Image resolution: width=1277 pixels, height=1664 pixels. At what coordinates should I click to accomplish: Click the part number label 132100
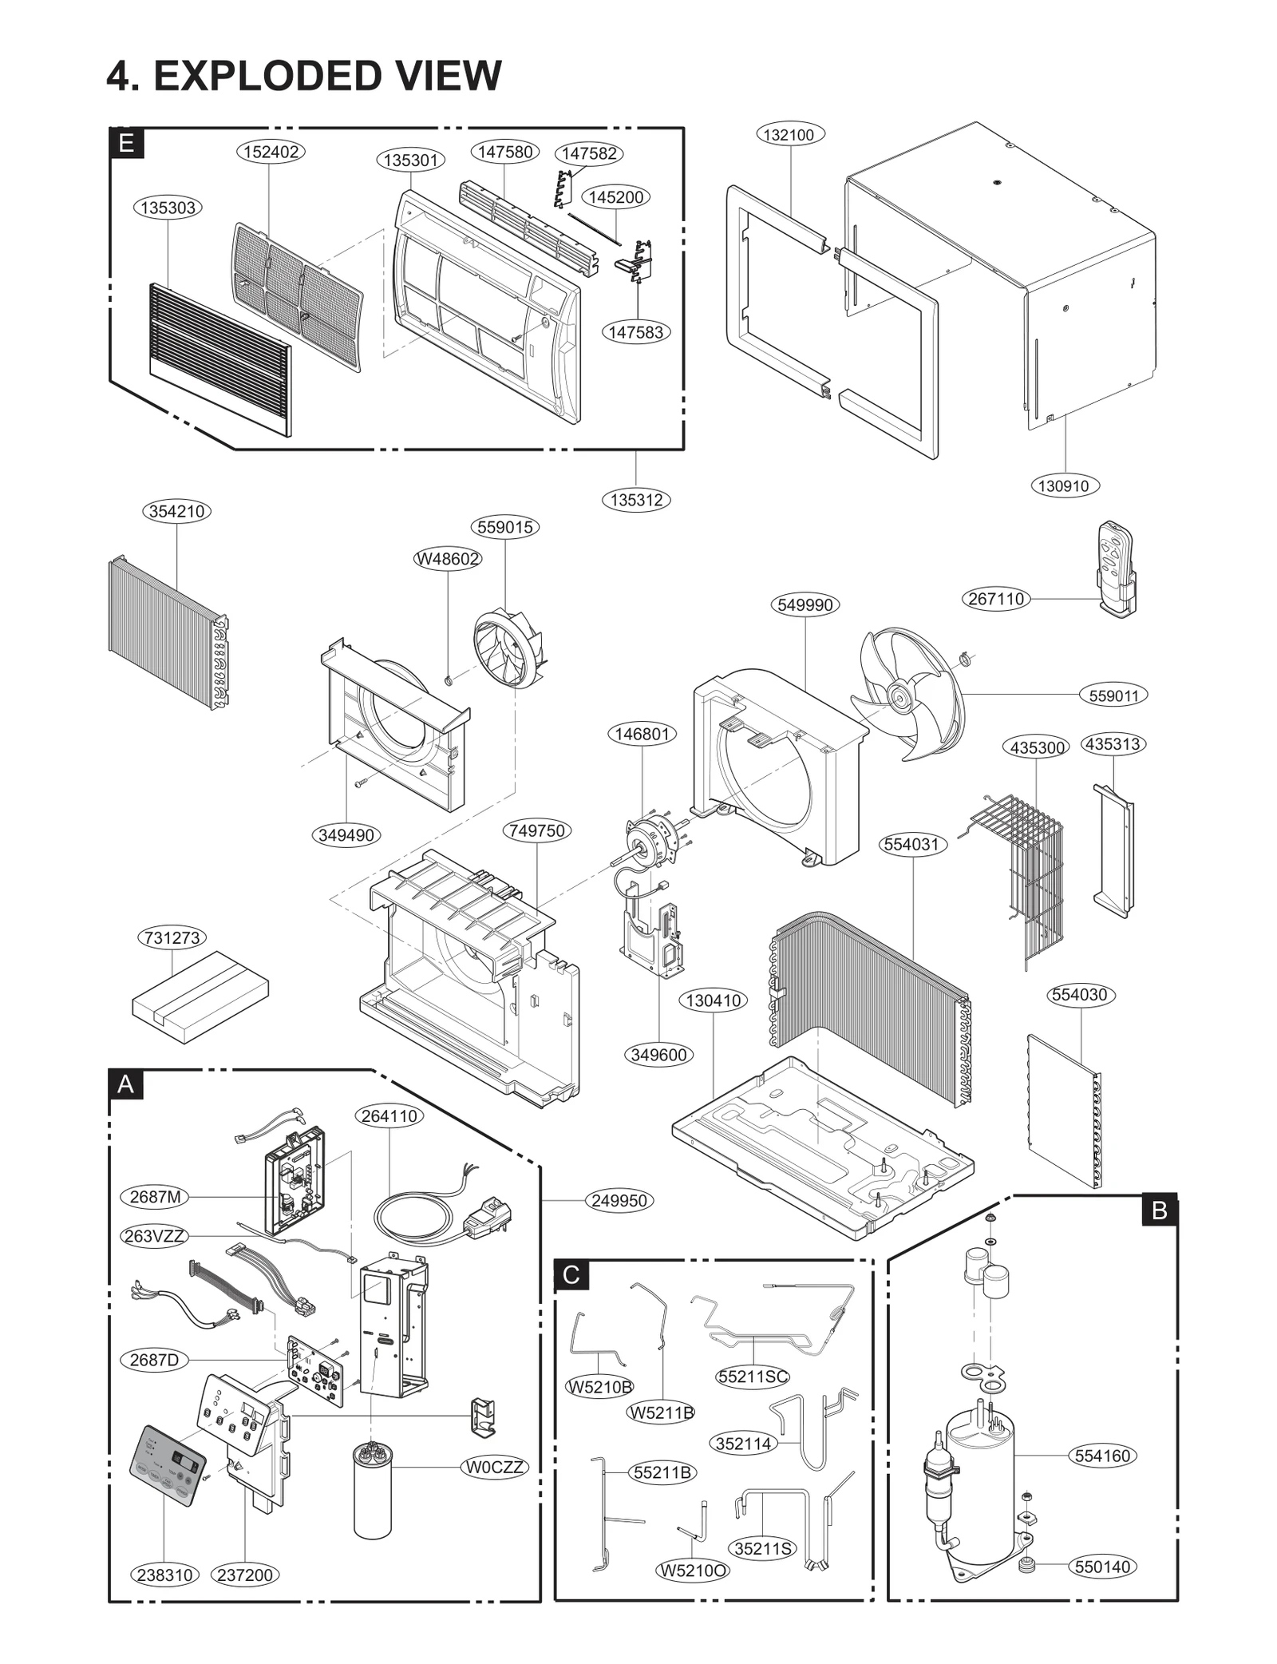coord(789,135)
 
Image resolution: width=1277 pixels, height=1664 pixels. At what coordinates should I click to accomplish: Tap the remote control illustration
coord(1117,569)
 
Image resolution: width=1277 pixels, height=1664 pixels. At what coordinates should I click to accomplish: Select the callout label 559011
coord(1113,695)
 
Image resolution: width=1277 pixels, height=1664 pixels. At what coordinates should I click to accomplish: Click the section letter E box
coord(126,143)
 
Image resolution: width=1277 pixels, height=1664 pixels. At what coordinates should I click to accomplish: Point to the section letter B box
coord(1160,1211)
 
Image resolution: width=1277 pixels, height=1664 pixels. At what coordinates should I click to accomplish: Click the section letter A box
coord(126,1084)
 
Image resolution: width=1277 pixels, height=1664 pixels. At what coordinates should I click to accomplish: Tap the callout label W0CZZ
coord(495,1467)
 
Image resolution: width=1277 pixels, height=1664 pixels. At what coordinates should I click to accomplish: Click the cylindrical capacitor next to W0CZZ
coord(373,1491)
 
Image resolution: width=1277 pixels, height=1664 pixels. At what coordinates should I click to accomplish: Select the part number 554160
coord(1102,1456)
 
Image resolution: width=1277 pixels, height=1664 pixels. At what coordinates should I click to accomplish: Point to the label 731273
coord(172,937)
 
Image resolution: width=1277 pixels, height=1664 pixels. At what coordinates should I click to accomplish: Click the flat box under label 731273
coord(200,996)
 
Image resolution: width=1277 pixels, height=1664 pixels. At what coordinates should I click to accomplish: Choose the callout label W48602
coord(448,559)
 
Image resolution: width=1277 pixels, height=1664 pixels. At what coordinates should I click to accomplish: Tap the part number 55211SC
coord(753,1377)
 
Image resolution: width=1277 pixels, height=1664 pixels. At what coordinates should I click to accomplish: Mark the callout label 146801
coord(642,734)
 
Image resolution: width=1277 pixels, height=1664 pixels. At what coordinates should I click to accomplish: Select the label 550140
coord(1102,1567)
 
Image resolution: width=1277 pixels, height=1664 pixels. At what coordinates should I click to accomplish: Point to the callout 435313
coord(1113,744)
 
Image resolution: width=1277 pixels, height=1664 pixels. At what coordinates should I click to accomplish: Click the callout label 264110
coord(389,1116)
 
